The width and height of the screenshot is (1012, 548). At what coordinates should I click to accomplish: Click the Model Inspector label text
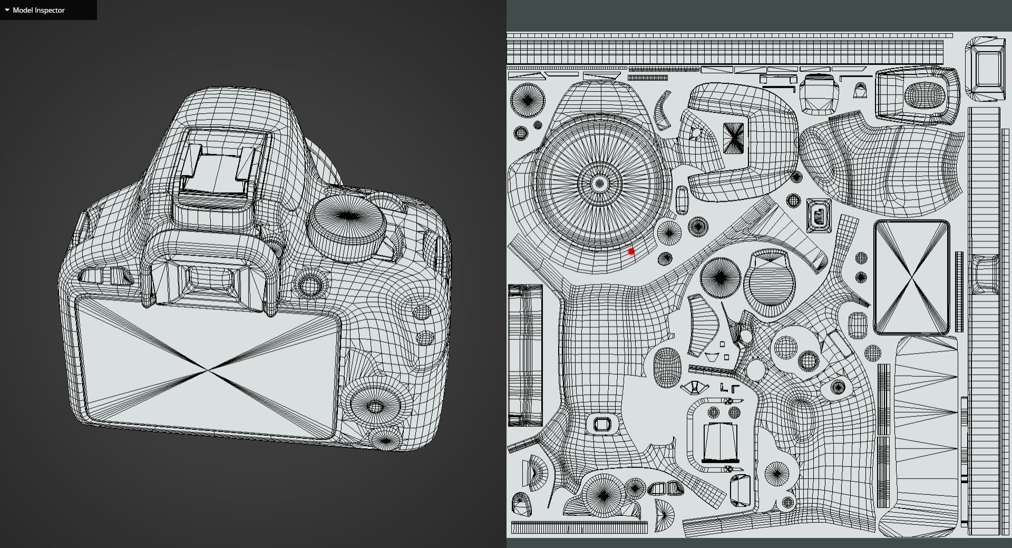(38, 10)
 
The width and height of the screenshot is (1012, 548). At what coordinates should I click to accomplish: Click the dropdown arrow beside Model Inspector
(7, 10)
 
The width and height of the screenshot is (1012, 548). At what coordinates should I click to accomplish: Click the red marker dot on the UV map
(631, 252)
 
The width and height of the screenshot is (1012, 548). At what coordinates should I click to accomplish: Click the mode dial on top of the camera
(346, 224)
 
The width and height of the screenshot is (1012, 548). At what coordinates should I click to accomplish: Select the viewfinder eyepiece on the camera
(211, 279)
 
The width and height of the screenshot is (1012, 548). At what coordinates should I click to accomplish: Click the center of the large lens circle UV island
(599, 184)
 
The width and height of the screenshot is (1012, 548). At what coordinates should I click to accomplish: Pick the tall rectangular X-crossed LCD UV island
(911, 278)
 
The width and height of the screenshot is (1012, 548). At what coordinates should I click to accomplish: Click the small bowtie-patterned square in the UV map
(733, 138)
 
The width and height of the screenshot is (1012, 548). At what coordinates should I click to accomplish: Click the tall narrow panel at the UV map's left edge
(524, 356)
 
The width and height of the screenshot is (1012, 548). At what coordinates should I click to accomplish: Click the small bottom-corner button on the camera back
(385, 440)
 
